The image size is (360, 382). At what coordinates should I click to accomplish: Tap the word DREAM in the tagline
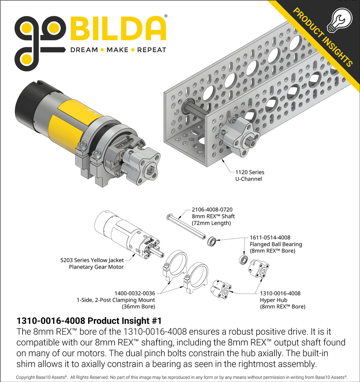[x=83, y=50]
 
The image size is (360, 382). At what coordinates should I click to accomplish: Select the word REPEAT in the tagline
[x=152, y=50]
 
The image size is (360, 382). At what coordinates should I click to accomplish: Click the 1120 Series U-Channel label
[x=250, y=175]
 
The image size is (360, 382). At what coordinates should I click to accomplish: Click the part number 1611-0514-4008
[x=270, y=238]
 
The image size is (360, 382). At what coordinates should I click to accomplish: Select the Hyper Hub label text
[x=274, y=300]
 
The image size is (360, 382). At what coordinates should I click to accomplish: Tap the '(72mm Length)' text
[x=211, y=223]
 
